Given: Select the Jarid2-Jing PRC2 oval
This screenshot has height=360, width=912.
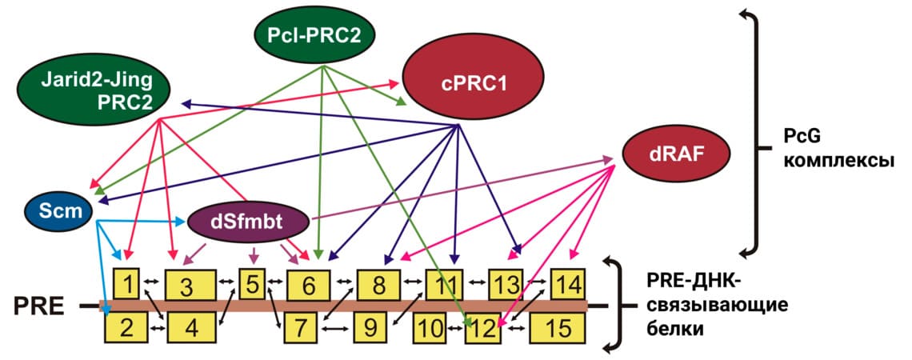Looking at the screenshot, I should [96, 87].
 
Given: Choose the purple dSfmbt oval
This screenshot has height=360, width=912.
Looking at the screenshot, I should [248, 222].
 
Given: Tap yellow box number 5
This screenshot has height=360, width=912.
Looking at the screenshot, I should [252, 283].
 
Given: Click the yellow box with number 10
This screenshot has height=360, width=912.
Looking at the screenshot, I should [431, 326].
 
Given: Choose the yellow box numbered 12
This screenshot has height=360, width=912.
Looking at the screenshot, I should [481, 326].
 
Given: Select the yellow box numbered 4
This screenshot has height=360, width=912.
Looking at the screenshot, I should [191, 326].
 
